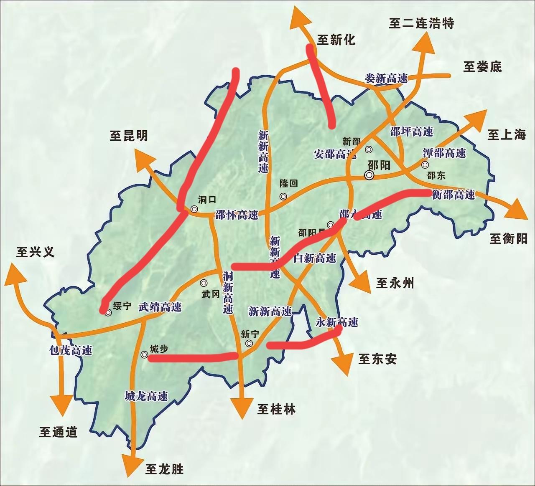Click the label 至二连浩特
pyautogui.click(x=421, y=23)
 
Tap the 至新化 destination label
pyautogui.click(x=336, y=40)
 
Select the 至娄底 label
pyautogui.click(x=482, y=66)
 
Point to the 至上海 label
pyautogui.click(x=506, y=134)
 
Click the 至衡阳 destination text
pyautogui.click(x=508, y=239)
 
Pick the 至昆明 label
pyautogui.click(x=129, y=136)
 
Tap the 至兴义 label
pyautogui.click(x=36, y=252)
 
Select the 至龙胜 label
pyautogui.click(x=165, y=469)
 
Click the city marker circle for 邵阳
pyautogui.click(x=369, y=175)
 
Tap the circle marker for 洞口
pyautogui.click(x=194, y=209)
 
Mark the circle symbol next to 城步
pyautogui.click(x=144, y=355)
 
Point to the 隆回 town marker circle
pyautogui.click(x=283, y=196)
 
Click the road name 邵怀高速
pyautogui.click(x=237, y=215)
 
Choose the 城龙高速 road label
pyautogui.click(x=146, y=396)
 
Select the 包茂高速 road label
pyautogui.click(x=70, y=350)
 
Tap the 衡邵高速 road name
pyautogui.click(x=453, y=195)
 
